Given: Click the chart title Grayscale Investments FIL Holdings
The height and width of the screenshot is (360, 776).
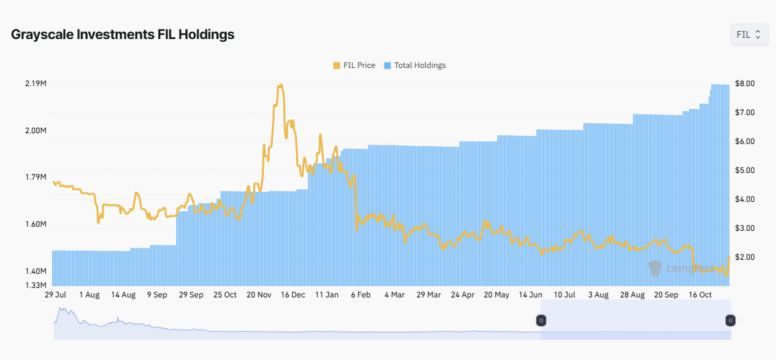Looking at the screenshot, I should pyautogui.click(x=122, y=34).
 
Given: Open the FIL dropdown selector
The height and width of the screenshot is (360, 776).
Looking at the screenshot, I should pyautogui.click(x=748, y=34).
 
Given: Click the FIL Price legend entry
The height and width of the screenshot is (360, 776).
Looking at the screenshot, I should pyautogui.click(x=354, y=65).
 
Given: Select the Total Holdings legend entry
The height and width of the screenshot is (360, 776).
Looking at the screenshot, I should pyautogui.click(x=415, y=65).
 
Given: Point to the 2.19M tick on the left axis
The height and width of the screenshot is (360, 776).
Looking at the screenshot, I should pyautogui.click(x=35, y=83).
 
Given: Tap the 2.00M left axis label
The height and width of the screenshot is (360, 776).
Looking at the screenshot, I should pyautogui.click(x=35, y=131).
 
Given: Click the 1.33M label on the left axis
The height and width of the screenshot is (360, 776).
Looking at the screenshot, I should pyautogui.click(x=35, y=285).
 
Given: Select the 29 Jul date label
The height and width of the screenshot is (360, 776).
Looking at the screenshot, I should pyautogui.click(x=55, y=295).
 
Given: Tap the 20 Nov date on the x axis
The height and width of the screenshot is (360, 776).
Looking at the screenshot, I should pyautogui.click(x=259, y=295).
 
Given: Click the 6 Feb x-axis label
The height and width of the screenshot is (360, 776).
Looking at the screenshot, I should pyautogui.click(x=361, y=295).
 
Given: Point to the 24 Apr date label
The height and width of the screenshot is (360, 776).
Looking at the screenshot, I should pyautogui.click(x=462, y=295).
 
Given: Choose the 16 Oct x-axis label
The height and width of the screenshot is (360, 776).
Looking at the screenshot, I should pyautogui.click(x=701, y=295).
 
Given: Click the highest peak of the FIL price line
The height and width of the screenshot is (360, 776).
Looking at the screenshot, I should pyautogui.click(x=281, y=85).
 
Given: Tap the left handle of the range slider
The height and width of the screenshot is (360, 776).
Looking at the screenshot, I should pyautogui.click(x=541, y=320).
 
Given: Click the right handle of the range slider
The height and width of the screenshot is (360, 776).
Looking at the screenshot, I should pyautogui.click(x=730, y=320).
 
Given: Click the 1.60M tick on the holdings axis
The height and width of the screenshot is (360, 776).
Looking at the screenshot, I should pyautogui.click(x=35, y=224).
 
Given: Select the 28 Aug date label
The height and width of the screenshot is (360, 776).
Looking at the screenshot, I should pyautogui.click(x=633, y=295).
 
